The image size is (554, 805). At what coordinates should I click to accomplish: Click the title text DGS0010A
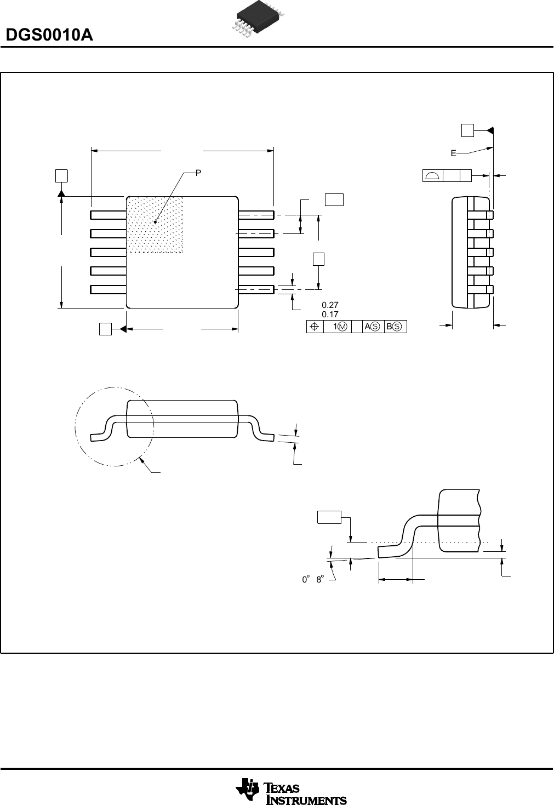pos(49,36)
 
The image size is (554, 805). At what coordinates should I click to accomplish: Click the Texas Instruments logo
pos(291,792)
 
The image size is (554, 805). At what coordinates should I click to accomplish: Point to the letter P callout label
pos(198,173)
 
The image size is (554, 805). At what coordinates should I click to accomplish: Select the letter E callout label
pos(453,154)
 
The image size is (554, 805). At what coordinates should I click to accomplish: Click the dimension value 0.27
pos(330,305)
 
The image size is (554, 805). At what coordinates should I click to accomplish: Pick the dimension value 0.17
pos(330,315)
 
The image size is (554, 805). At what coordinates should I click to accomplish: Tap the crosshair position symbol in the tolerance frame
pos(315,327)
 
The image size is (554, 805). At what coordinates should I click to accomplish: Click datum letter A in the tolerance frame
pos(367,327)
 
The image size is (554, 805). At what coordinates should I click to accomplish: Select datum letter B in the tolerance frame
pos(389,327)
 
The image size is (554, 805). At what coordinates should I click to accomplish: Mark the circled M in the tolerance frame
pos(342,327)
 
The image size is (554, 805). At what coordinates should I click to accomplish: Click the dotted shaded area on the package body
pos(155,225)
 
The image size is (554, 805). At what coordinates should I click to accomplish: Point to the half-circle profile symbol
pos(433,175)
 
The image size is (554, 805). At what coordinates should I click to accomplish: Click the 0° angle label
pos(305,579)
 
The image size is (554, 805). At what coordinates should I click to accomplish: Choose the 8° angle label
pos(319,579)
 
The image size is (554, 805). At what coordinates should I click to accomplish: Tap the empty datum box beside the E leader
pos(467,130)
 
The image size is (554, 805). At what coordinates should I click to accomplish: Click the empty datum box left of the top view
pos(61,175)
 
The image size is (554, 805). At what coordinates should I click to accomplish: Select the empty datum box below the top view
pos(105,329)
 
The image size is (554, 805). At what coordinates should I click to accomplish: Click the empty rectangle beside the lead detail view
pos(329,517)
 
